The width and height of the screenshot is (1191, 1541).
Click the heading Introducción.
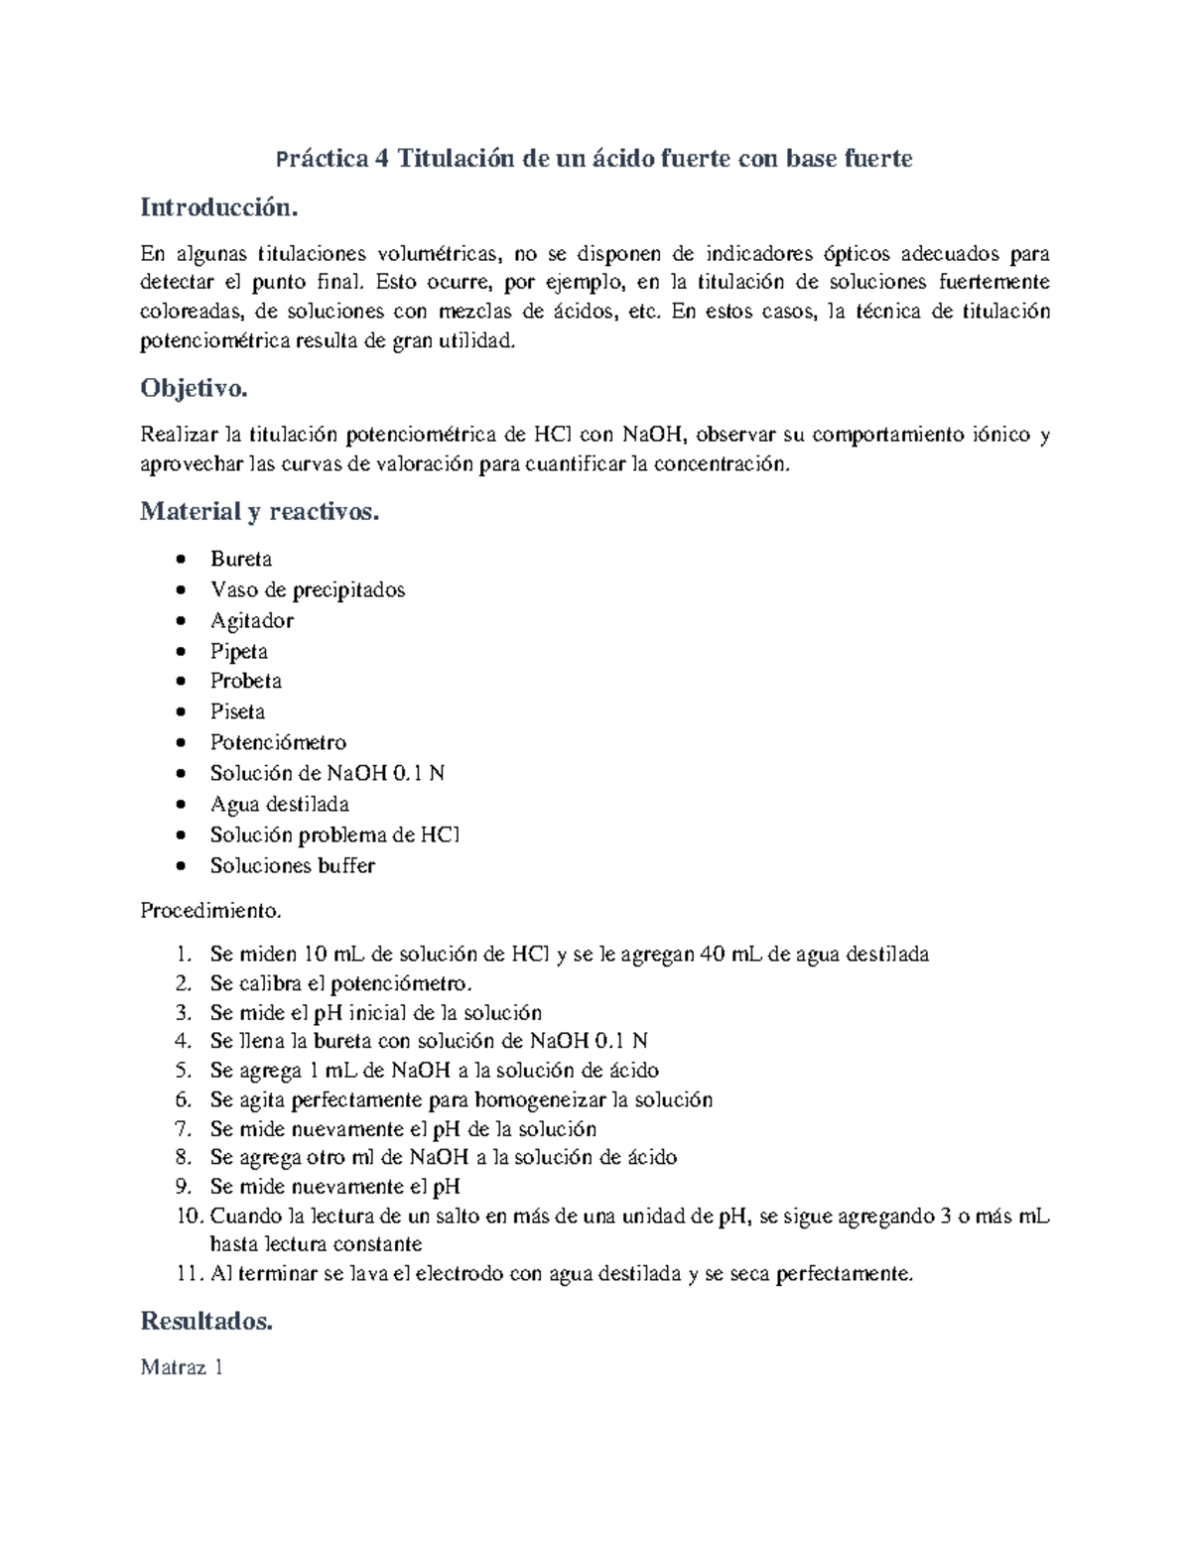coord(218,208)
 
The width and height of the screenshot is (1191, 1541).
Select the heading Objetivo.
coord(194,388)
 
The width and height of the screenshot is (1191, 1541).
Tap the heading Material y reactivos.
coord(259,512)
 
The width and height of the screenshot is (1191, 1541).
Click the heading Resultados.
coord(206,1322)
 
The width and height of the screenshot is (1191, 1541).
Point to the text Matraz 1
coord(182,1367)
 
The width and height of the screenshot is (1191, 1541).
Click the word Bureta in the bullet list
coord(241,559)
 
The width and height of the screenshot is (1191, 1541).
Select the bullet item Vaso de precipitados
coord(308,589)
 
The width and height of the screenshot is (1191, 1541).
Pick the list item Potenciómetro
coord(278,742)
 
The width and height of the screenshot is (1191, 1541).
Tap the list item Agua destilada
coord(279,804)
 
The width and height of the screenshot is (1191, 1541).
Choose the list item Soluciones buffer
coord(292,865)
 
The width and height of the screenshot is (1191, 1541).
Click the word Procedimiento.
coord(210,910)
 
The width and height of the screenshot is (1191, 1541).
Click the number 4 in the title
coord(382,159)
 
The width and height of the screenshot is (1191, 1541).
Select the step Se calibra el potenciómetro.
coord(341,983)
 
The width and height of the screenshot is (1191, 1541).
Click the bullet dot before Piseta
coord(180,712)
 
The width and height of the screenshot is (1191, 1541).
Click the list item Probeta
coord(246,681)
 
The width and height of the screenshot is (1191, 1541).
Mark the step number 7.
coord(182,1129)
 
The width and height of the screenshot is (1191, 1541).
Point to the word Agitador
coord(252,620)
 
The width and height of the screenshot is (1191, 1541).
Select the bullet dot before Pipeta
coord(180,652)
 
